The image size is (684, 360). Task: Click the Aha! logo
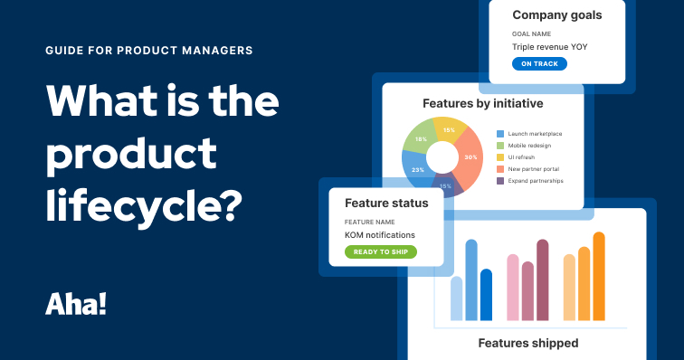click(x=76, y=303)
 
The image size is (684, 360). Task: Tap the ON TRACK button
click(x=539, y=63)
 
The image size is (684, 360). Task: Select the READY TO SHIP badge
click(x=380, y=251)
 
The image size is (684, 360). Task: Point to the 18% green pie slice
click(x=419, y=138)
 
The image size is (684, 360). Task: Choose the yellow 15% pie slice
click(x=447, y=128)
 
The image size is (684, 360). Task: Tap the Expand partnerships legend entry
click(x=536, y=180)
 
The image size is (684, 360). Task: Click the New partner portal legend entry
click(x=536, y=168)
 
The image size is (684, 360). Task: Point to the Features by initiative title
click(x=481, y=101)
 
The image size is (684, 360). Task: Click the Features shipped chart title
click(x=528, y=343)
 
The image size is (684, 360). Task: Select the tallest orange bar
click(x=598, y=276)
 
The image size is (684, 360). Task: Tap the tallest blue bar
click(x=470, y=279)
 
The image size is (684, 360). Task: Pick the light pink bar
click(x=513, y=287)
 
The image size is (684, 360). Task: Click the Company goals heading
click(x=557, y=14)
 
